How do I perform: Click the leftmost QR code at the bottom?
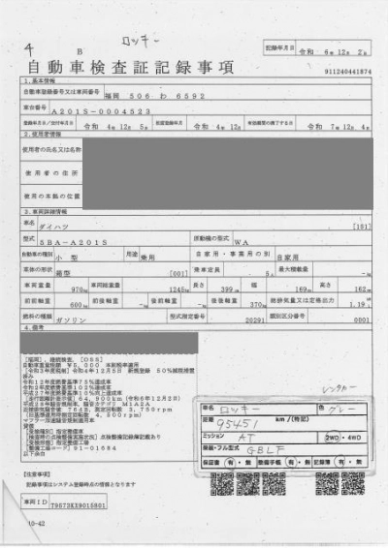point(222,485)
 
